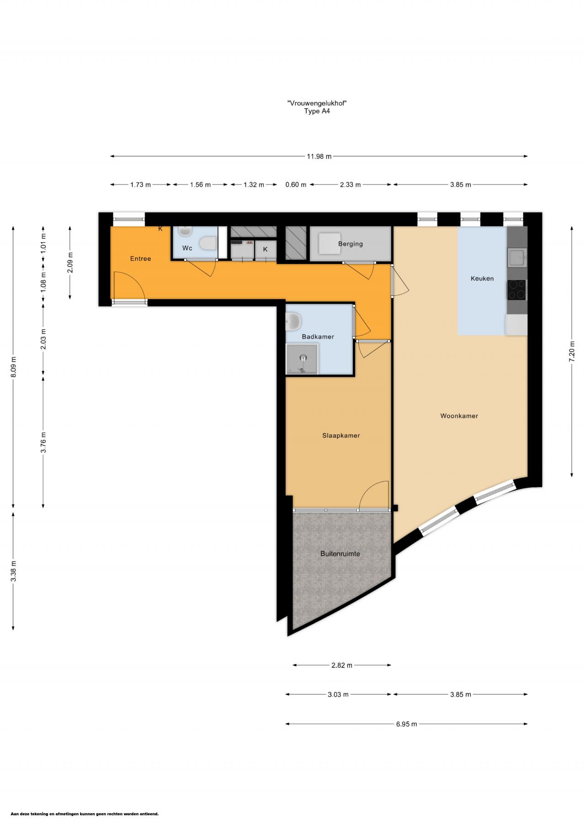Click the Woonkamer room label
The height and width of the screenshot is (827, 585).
click(x=459, y=416)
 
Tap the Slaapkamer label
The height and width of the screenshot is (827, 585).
click(x=341, y=436)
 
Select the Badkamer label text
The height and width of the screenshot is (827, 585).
click(x=318, y=337)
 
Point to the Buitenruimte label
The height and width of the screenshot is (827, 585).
click(x=340, y=554)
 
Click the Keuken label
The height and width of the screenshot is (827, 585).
click(x=482, y=279)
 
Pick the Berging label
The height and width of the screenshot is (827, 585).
click(x=351, y=244)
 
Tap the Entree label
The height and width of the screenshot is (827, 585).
click(x=140, y=258)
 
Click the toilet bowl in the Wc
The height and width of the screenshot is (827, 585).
click(x=208, y=243)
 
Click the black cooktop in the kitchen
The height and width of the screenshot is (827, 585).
click(x=516, y=290)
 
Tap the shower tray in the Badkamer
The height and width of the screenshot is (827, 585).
click(x=302, y=359)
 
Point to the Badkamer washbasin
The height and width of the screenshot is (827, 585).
click(x=293, y=321)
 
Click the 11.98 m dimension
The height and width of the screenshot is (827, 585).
click(x=319, y=156)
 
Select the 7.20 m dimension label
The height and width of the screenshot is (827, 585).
click(x=572, y=352)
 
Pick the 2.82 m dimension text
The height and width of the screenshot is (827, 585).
click(x=342, y=665)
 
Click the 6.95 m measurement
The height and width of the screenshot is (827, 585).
click(x=407, y=724)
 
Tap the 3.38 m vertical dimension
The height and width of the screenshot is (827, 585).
click(x=14, y=571)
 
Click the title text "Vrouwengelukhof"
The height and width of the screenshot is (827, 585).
click(x=317, y=103)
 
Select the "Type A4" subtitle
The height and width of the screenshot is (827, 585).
click(x=317, y=111)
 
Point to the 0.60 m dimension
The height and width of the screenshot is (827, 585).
click(x=296, y=184)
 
